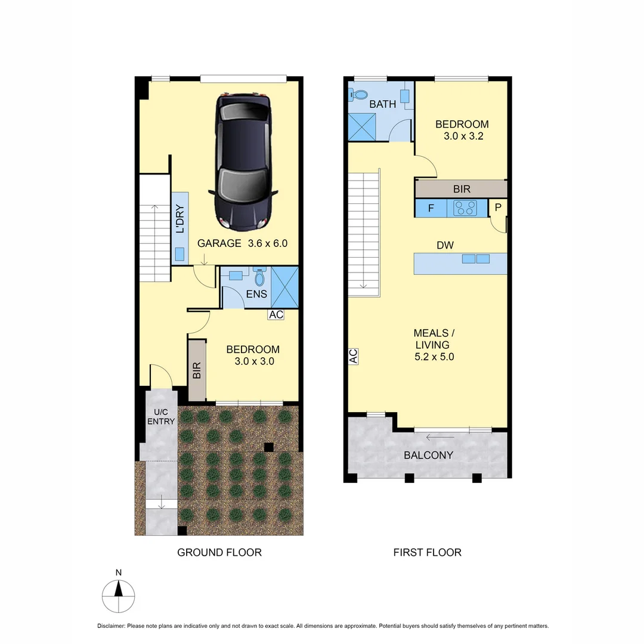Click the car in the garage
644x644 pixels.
[243, 161]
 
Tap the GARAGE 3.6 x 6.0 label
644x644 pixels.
[243, 243]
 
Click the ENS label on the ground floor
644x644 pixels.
[257, 294]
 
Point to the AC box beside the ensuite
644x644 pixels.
[276, 315]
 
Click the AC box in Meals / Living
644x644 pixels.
[353, 357]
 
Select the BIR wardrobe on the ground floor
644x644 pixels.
[197, 370]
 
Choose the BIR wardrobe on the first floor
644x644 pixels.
[462, 190]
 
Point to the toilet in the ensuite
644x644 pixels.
[259, 278]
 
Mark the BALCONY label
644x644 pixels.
[428, 455]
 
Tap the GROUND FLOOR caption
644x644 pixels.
[219, 552]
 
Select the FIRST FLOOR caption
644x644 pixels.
[427, 552]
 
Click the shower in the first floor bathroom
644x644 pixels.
[363, 126]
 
